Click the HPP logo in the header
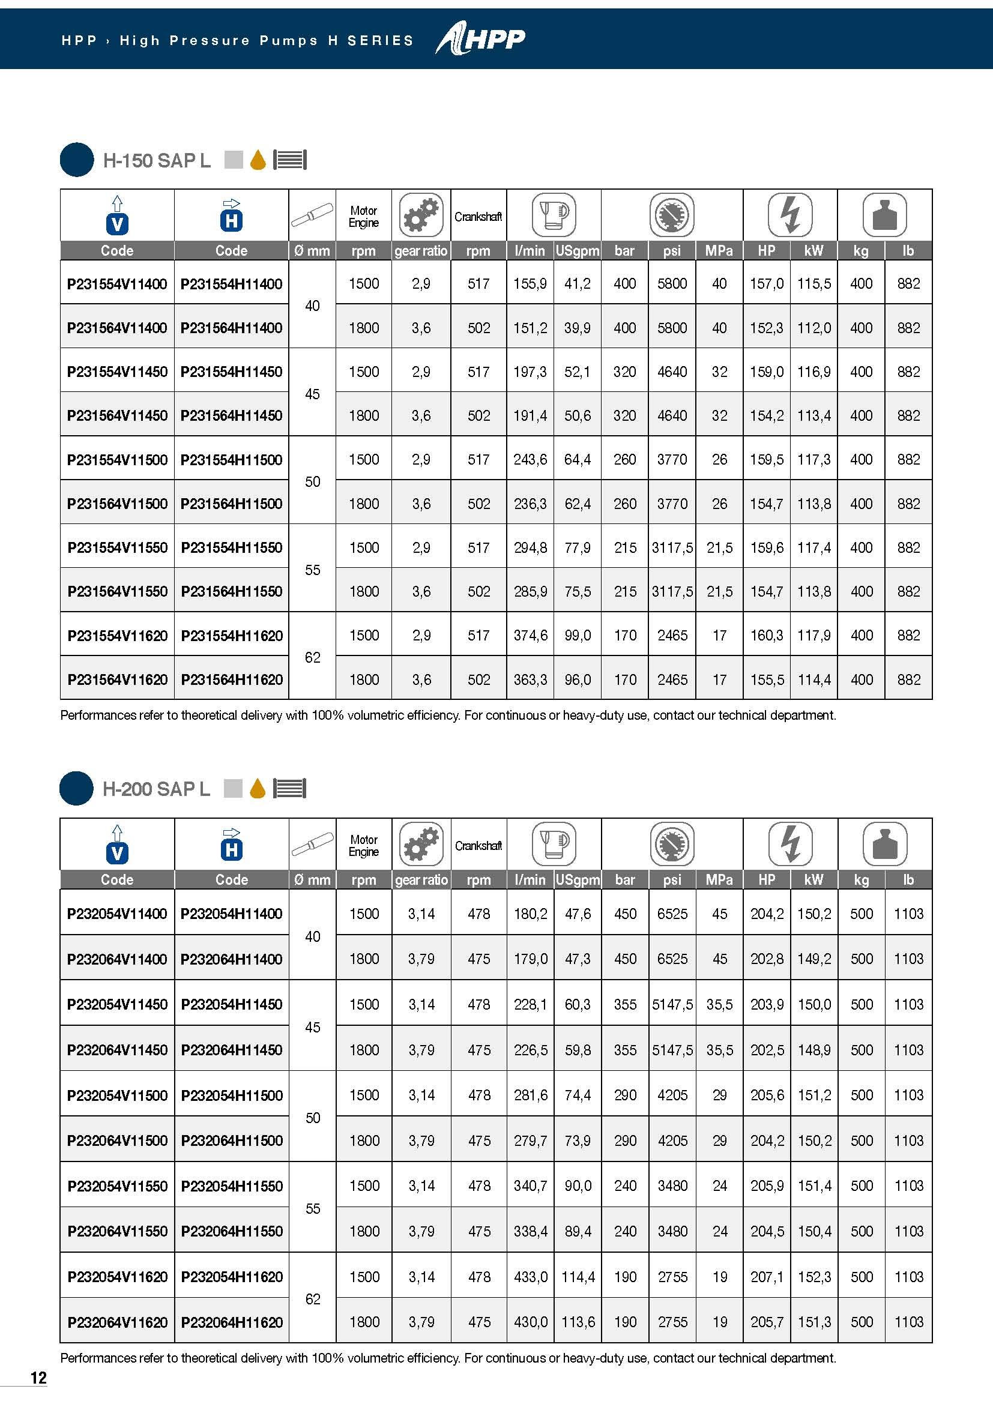point(481,40)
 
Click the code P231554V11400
point(117,284)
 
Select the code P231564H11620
point(232,679)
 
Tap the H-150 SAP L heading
point(157,160)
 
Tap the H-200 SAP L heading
point(156,789)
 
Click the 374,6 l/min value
point(530,635)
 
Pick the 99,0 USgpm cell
point(578,635)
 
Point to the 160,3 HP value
point(767,635)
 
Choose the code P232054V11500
point(117,1095)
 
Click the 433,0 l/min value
point(530,1277)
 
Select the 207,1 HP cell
point(767,1277)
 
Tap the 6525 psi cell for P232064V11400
point(672,959)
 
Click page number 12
point(38,1377)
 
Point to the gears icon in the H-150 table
point(421,215)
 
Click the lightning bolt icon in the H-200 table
point(791,844)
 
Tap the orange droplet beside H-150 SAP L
point(258,160)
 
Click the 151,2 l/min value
point(530,328)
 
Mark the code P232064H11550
point(232,1231)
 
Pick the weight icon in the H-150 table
point(884,215)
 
